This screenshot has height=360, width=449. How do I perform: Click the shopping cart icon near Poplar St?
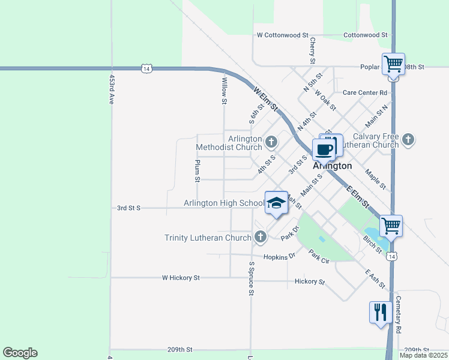coord(393,64)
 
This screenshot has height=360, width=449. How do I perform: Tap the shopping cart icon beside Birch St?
coord(391,226)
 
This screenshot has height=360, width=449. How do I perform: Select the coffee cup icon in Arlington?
coord(323,149)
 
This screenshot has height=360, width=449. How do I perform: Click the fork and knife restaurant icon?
coord(381,312)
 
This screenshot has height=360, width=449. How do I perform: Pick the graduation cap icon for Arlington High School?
coord(276,203)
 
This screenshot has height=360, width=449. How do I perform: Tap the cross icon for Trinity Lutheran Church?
coord(261,237)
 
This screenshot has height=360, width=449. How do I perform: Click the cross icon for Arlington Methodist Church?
coord(271,142)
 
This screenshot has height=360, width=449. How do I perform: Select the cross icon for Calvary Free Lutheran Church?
coord(408,140)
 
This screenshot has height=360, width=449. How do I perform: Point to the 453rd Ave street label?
coord(111,90)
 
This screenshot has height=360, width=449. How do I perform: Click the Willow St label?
coord(224,91)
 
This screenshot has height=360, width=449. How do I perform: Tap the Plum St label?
coord(197,170)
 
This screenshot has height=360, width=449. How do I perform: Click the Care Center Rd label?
coord(364,92)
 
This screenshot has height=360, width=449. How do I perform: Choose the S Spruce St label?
coord(251,278)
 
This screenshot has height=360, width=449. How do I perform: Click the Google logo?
coord(20,353)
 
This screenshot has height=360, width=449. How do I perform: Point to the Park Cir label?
coord(319,257)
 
